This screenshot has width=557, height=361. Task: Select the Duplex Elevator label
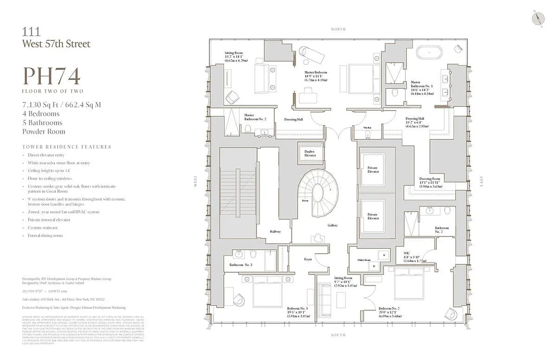pos(310,153)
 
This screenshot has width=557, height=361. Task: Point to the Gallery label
pos(332,225)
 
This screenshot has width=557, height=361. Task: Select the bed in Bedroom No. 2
pos(407,283)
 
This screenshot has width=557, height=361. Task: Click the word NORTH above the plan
pos(338,29)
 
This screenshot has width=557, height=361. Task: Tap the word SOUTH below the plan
pos(338,335)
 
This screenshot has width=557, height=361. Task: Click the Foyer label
pos(308,259)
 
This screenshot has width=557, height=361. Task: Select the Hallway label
pos(275,231)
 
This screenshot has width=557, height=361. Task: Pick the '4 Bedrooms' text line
pos(41,114)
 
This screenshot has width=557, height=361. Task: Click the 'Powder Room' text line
pos(44,131)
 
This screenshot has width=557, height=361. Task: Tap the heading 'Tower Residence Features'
pos(67,147)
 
